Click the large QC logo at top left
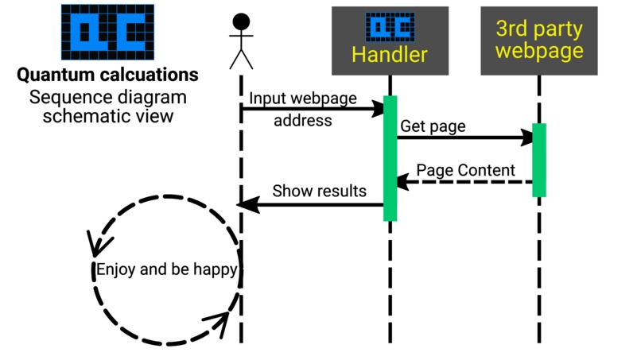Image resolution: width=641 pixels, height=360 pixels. tap(107, 31)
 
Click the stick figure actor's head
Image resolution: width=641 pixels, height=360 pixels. tap(241, 22)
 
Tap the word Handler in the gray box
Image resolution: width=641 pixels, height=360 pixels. tap(390, 55)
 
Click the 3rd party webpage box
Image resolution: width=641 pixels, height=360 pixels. tap(538, 41)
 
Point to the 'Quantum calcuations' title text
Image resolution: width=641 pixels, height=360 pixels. tap(107, 75)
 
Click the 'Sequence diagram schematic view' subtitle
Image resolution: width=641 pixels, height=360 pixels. tap(107, 106)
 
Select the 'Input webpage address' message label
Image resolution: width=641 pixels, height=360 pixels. tap(303, 109)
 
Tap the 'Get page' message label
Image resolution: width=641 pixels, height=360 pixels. tap(433, 126)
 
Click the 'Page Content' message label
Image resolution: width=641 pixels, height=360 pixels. tap(466, 170)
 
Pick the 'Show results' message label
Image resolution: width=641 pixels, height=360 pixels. tap(319, 191)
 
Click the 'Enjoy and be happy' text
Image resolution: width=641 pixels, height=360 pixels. tap(166, 269)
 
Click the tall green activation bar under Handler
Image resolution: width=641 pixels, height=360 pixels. tap(390, 158)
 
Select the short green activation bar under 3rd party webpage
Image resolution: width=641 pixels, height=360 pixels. tap(539, 160)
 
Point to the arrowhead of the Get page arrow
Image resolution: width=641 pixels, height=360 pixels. tap(526, 138)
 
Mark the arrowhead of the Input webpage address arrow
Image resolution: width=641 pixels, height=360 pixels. tap(377, 110)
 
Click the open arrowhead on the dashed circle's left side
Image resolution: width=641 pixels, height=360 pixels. tap(95, 241)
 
